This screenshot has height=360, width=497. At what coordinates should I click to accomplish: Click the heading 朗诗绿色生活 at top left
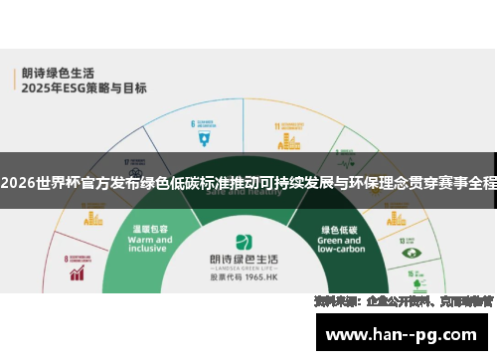[x=54, y=73]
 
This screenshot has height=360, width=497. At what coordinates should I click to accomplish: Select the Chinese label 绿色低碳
[x=339, y=228]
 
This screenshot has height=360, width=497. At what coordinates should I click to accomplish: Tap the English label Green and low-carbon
[x=339, y=245]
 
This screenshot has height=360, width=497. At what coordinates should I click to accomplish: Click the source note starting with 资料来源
[x=403, y=300]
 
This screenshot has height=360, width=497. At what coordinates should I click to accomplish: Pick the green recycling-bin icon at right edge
[x=410, y=255]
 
